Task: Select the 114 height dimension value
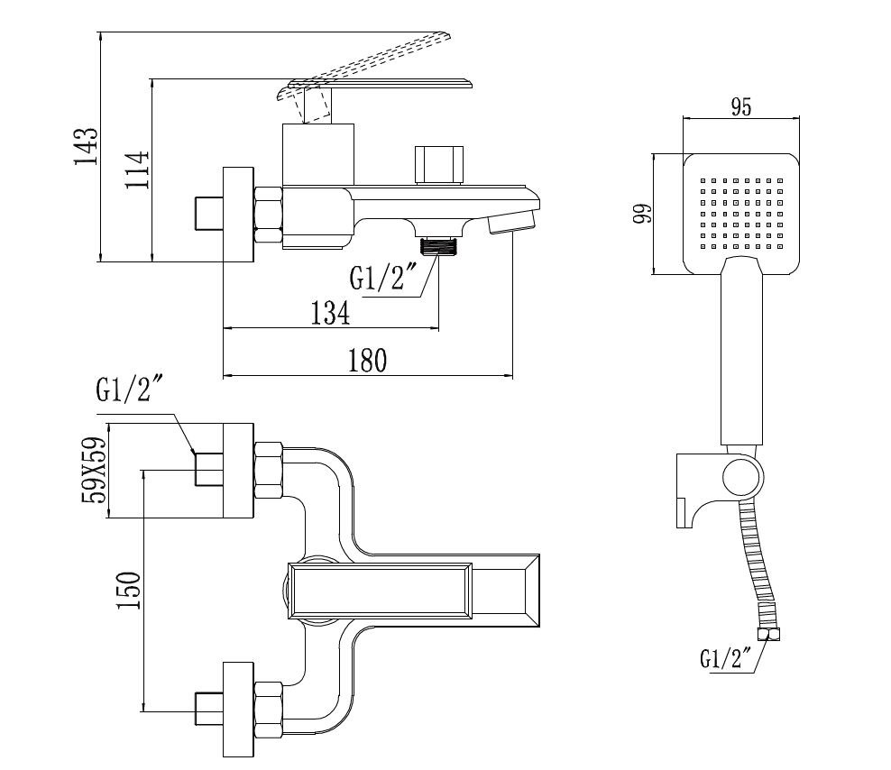tap(137, 168)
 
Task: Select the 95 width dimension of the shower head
tap(740, 106)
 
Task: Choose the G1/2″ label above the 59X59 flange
tap(130, 390)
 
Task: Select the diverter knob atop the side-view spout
tap(437, 164)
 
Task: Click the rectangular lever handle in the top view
tap(380, 591)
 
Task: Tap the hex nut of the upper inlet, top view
tap(270, 470)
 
